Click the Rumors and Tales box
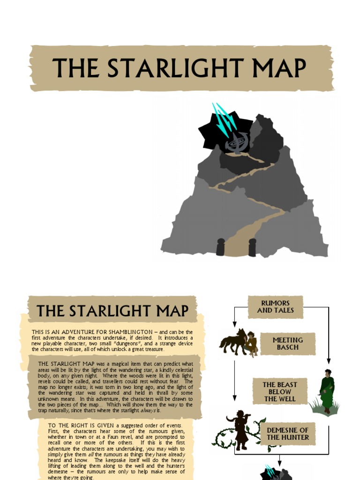tap(276, 307)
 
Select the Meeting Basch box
tap(288, 344)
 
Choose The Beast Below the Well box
tap(280, 391)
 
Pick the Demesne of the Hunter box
tap(288, 434)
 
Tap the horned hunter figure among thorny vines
tap(241, 429)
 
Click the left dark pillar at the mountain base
tap(220, 247)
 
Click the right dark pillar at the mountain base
tap(252, 247)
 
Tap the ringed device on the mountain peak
tap(237, 142)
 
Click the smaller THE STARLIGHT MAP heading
tap(112, 311)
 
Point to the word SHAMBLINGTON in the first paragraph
tap(131, 332)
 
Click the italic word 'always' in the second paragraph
tap(150, 410)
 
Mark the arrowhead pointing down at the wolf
tap(234, 324)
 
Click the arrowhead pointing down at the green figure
tap(328, 361)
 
